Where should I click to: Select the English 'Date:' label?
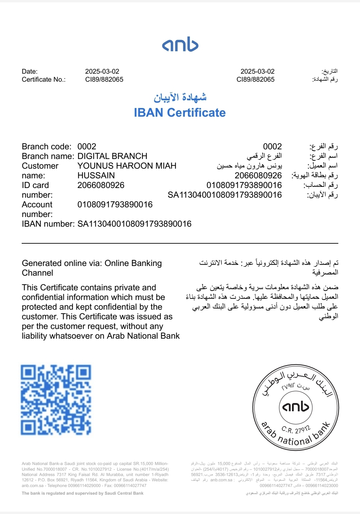pyautogui.click(x=30, y=71)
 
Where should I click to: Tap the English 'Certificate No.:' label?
pyautogui.click(x=44, y=79)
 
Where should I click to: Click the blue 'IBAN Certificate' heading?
pyautogui.click(x=180, y=113)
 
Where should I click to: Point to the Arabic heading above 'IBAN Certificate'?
pyautogui.click(x=180, y=97)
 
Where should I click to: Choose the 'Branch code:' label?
pyautogui.click(x=46, y=147)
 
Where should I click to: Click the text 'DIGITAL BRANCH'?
pyautogui.click(x=112, y=156)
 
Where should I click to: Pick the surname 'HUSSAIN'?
pyautogui.click(x=96, y=176)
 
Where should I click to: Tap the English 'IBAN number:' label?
pyautogui.click(x=48, y=224)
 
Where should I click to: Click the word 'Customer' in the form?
pyautogui.click(x=40, y=166)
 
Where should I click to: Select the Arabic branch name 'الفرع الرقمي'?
pyautogui.click(x=264, y=156)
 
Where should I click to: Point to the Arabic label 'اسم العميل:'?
pyautogui.click(x=322, y=166)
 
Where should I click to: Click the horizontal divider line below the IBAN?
pyautogui.click(x=180, y=244)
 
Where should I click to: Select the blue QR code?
pyautogui.click(x=56, y=400)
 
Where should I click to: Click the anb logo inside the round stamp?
pyautogui.click(x=296, y=407)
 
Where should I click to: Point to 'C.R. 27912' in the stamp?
pyautogui.click(x=296, y=429)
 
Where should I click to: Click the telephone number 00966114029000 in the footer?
pyautogui.click(x=84, y=486)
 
